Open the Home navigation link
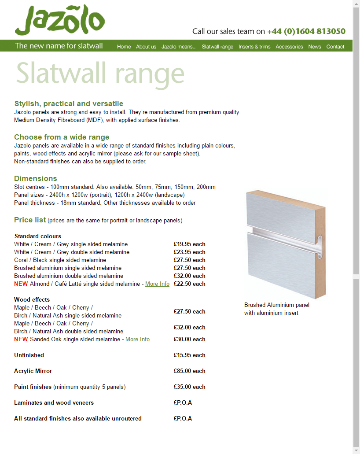click(124, 47)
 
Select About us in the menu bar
click(146, 47)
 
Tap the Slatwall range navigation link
click(217, 47)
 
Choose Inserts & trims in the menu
click(254, 47)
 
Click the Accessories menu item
click(289, 47)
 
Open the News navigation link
click(315, 47)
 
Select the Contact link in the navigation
click(335, 47)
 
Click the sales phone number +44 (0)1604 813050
click(306, 31)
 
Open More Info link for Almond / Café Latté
click(157, 284)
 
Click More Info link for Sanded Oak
click(137, 340)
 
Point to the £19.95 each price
click(189, 244)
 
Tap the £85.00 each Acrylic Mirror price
click(189, 371)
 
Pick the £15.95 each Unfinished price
click(189, 355)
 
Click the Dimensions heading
click(36, 178)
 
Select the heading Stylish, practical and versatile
click(69, 104)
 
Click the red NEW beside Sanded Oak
click(21, 340)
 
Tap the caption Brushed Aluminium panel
click(276, 305)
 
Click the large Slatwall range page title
click(100, 74)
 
